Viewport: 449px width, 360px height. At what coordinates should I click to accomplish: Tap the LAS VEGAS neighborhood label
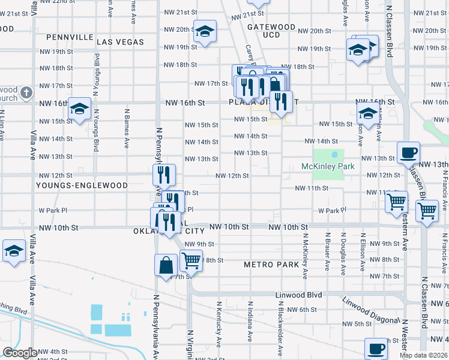pyautogui.click(x=120, y=42)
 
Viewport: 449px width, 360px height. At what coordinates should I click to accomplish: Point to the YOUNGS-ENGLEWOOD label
pyautogui.click(x=82, y=185)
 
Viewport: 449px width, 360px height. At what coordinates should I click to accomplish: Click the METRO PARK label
pyautogui.click(x=271, y=265)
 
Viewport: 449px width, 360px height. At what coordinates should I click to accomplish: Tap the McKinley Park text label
pyautogui.click(x=328, y=166)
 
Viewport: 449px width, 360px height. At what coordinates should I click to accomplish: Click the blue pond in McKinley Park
pyautogui.click(x=334, y=155)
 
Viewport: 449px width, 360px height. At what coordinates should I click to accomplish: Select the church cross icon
pyautogui.click(x=25, y=92)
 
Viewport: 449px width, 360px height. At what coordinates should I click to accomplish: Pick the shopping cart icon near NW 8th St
pyautogui.click(x=191, y=260)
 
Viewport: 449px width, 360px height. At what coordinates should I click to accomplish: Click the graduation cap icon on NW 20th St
pyautogui.click(x=204, y=31)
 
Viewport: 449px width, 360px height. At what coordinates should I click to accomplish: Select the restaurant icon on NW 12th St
pyautogui.click(x=163, y=175)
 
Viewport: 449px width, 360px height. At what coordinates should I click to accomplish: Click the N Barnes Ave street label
pyautogui.click(x=127, y=128)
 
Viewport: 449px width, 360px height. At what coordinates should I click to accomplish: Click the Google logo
pyautogui.click(x=20, y=353)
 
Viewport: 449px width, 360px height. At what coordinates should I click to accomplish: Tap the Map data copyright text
pyautogui.click(x=424, y=355)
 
